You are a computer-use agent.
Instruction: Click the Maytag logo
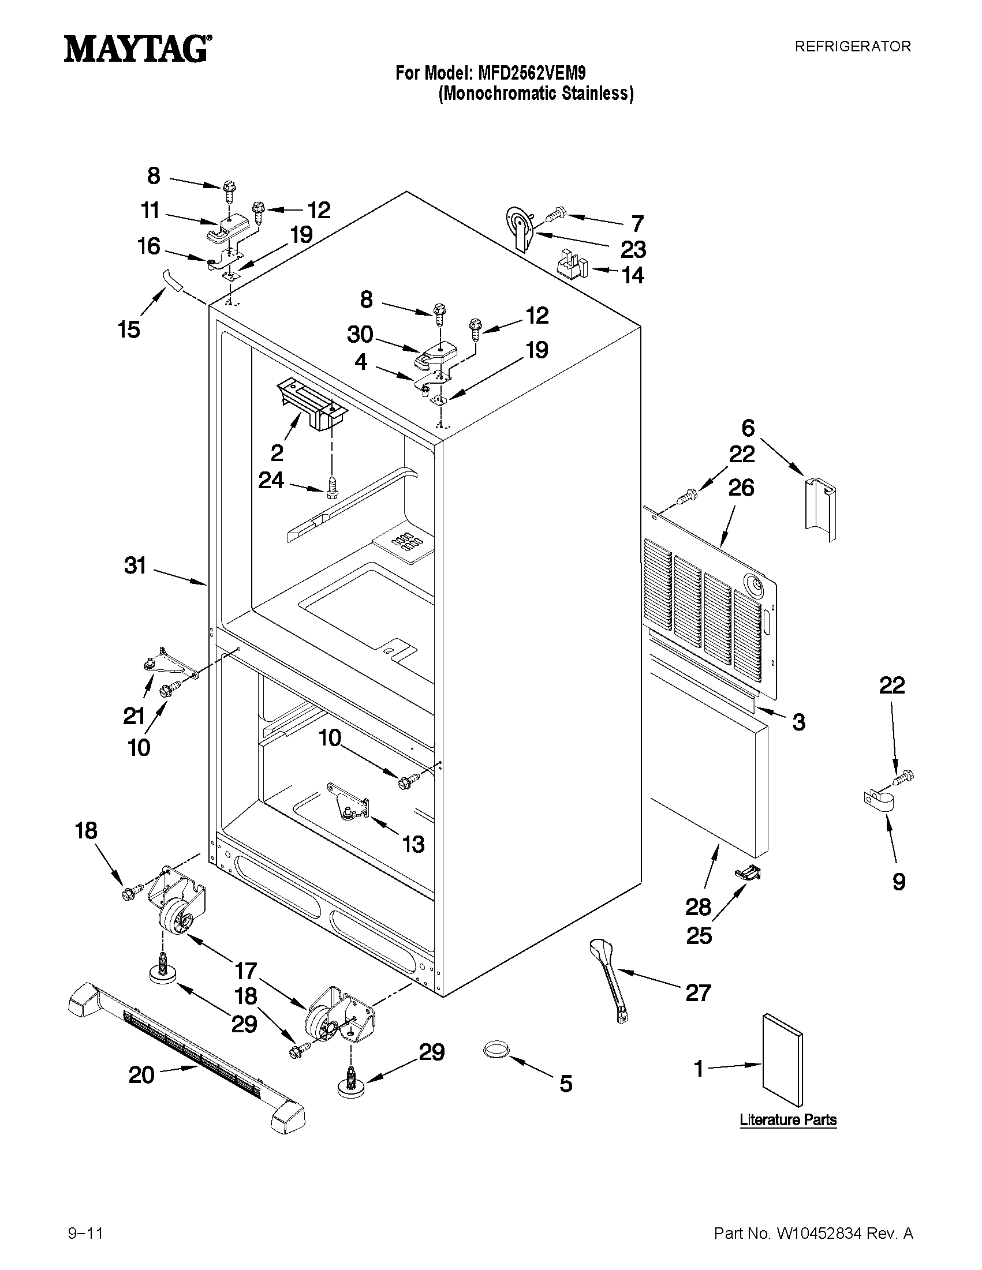[137, 49]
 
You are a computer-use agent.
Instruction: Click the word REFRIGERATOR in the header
[852, 47]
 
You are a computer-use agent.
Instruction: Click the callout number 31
[135, 565]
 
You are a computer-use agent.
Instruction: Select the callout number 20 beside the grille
[141, 1074]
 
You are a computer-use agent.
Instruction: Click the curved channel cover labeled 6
[820, 502]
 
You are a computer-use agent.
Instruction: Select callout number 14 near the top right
[633, 275]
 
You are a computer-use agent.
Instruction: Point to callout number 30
[360, 334]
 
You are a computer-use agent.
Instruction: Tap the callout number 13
[413, 844]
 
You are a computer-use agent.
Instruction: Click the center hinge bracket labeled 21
[166, 662]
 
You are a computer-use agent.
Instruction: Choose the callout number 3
[799, 722]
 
